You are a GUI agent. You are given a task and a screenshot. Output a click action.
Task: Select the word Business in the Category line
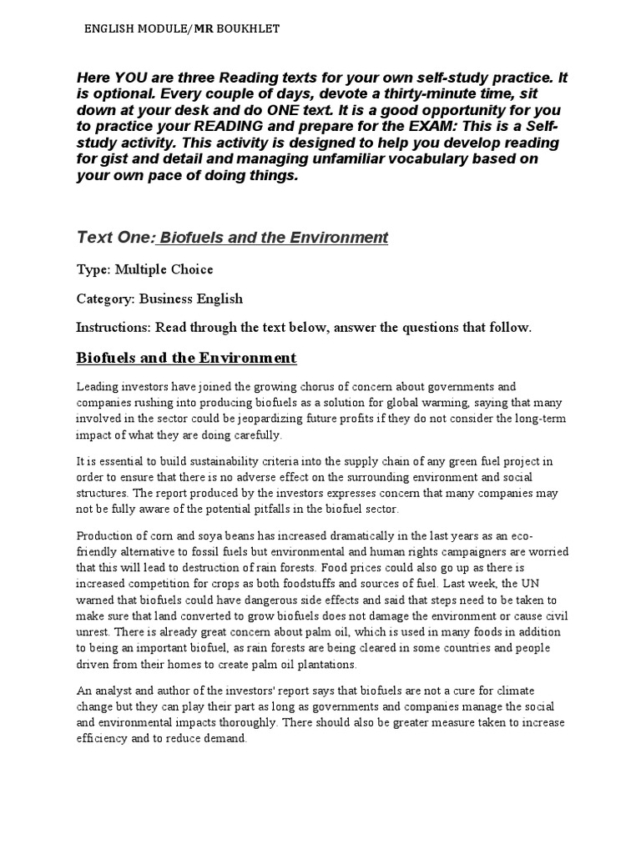pos(170,298)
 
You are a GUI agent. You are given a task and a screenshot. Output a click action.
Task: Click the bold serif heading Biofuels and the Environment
pos(186,359)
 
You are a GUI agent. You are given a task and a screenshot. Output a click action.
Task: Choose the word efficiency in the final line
pos(103,739)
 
